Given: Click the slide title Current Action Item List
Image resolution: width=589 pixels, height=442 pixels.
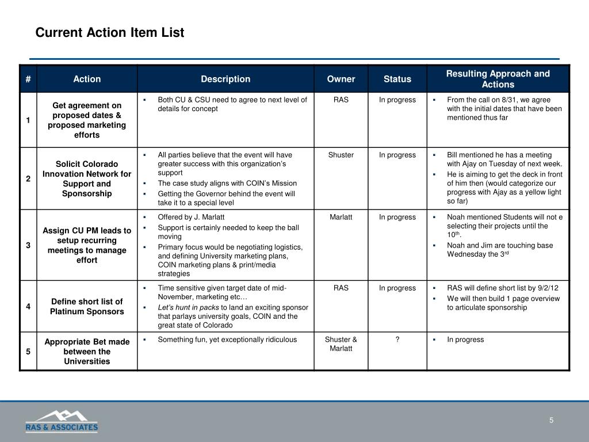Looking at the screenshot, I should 110,33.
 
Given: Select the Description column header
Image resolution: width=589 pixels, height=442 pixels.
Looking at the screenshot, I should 225,79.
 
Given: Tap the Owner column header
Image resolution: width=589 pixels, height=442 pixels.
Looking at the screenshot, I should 341,79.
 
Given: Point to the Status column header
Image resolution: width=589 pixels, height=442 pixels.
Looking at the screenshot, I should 397,79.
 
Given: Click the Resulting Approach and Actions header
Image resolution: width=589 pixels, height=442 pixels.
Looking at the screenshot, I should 498,79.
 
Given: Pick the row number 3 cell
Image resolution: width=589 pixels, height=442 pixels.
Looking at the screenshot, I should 28,246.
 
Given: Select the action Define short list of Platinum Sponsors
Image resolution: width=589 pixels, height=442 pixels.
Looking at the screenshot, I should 87,306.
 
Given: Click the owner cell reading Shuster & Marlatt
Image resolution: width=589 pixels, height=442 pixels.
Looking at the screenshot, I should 341,344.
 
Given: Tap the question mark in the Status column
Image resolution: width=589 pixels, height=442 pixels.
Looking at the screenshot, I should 397,340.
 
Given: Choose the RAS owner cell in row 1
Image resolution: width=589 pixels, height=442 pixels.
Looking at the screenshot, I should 341,100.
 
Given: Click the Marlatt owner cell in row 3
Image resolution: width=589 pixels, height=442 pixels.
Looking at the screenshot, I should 341,217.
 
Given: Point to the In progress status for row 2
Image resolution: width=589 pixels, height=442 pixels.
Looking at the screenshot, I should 397,155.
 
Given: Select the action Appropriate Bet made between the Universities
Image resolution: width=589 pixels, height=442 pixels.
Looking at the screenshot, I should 87,352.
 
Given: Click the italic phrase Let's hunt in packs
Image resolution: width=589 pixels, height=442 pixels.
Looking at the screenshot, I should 188,307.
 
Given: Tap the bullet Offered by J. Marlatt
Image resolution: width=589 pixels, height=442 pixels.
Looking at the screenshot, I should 191,217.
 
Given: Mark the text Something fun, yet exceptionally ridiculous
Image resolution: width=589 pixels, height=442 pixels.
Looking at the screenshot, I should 227,340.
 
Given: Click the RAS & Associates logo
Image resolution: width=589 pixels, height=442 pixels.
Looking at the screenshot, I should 62,421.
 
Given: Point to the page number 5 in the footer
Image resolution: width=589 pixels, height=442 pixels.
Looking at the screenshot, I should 551,420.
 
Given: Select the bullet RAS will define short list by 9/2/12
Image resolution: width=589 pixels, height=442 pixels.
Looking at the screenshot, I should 502,288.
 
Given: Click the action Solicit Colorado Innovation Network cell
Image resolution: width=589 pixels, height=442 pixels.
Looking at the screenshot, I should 87,178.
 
